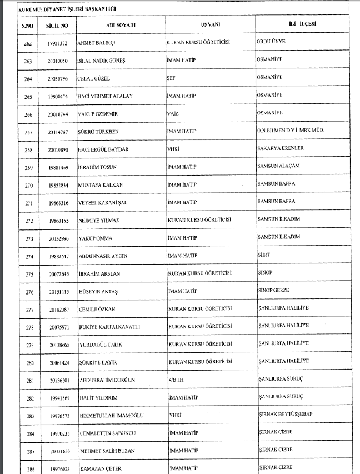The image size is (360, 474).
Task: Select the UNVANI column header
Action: (211, 26)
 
